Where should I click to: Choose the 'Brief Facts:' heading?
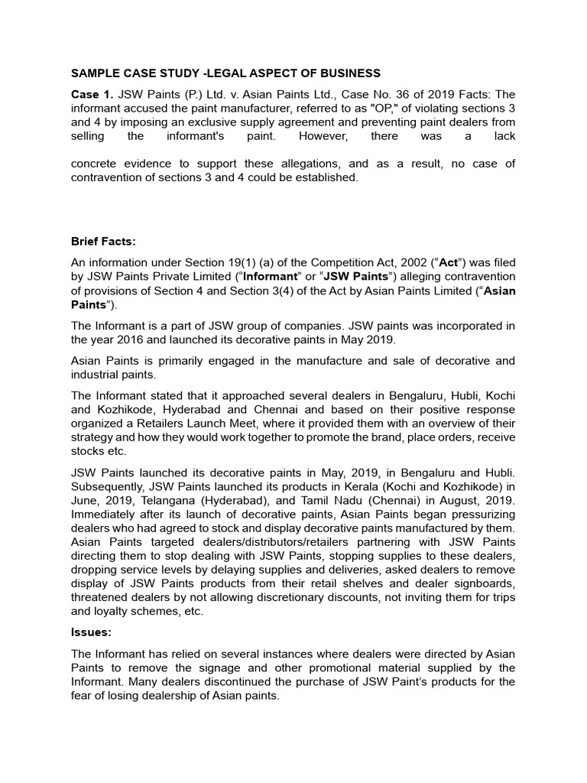coord(103,242)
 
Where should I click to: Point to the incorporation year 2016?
coord(130,340)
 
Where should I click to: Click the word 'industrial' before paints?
coord(96,375)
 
